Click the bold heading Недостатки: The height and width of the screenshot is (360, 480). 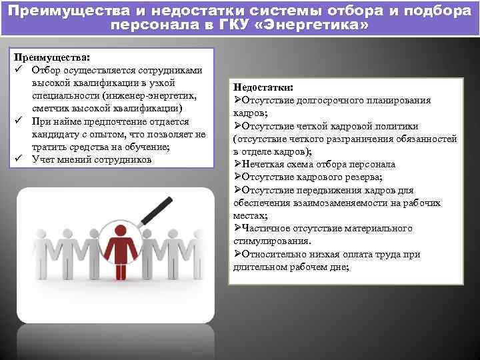[x=263, y=87]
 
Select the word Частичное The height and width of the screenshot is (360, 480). [x=267, y=228]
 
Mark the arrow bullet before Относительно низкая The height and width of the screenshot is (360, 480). [x=237, y=254]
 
